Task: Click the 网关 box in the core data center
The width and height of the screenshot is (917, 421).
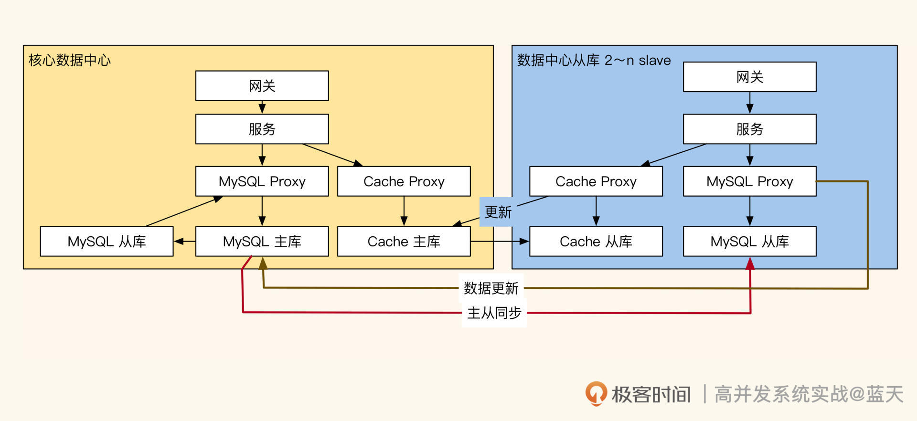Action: tap(262, 86)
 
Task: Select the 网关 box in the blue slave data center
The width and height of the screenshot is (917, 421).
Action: tap(749, 77)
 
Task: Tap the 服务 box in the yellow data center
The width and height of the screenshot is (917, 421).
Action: tap(262, 129)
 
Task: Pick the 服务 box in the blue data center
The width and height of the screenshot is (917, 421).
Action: tap(749, 129)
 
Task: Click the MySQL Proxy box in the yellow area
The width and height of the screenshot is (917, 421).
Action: tap(262, 181)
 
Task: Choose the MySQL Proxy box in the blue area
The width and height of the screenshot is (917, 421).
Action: tap(749, 181)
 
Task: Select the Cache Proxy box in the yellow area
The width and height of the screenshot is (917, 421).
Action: tap(404, 181)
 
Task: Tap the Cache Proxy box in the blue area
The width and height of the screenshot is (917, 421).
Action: tap(596, 181)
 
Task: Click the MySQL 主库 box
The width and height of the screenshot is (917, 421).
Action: tap(262, 242)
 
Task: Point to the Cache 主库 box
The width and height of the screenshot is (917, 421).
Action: tap(404, 242)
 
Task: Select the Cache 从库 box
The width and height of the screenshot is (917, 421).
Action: tap(596, 242)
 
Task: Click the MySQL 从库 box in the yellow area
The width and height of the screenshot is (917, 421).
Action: tap(107, 242)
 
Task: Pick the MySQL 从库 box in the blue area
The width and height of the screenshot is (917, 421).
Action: tap(749, 242)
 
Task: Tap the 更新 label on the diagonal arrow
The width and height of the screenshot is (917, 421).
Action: tap(498, 212)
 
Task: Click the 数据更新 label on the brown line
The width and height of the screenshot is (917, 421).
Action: tap(491, 288)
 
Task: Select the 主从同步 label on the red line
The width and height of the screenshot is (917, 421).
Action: tap(494, 313)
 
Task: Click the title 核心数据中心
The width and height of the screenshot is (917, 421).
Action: tap(70, 60)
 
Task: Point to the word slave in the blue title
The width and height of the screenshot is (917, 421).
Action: tap(654, 60)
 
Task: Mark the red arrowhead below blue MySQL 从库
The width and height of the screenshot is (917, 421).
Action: tap(750, 263)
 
